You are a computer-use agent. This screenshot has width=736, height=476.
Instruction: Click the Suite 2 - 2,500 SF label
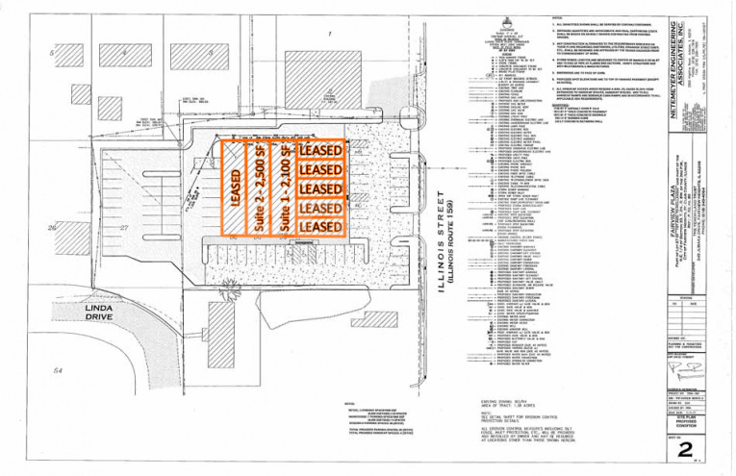[260, 188]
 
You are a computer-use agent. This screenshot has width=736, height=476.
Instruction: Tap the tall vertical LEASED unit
[235, 188]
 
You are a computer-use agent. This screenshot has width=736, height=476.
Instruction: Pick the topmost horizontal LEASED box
[320, 151]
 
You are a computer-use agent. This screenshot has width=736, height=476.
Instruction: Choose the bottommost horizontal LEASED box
[320, 226]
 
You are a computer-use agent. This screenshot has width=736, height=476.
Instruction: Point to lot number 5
[50, 53]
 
